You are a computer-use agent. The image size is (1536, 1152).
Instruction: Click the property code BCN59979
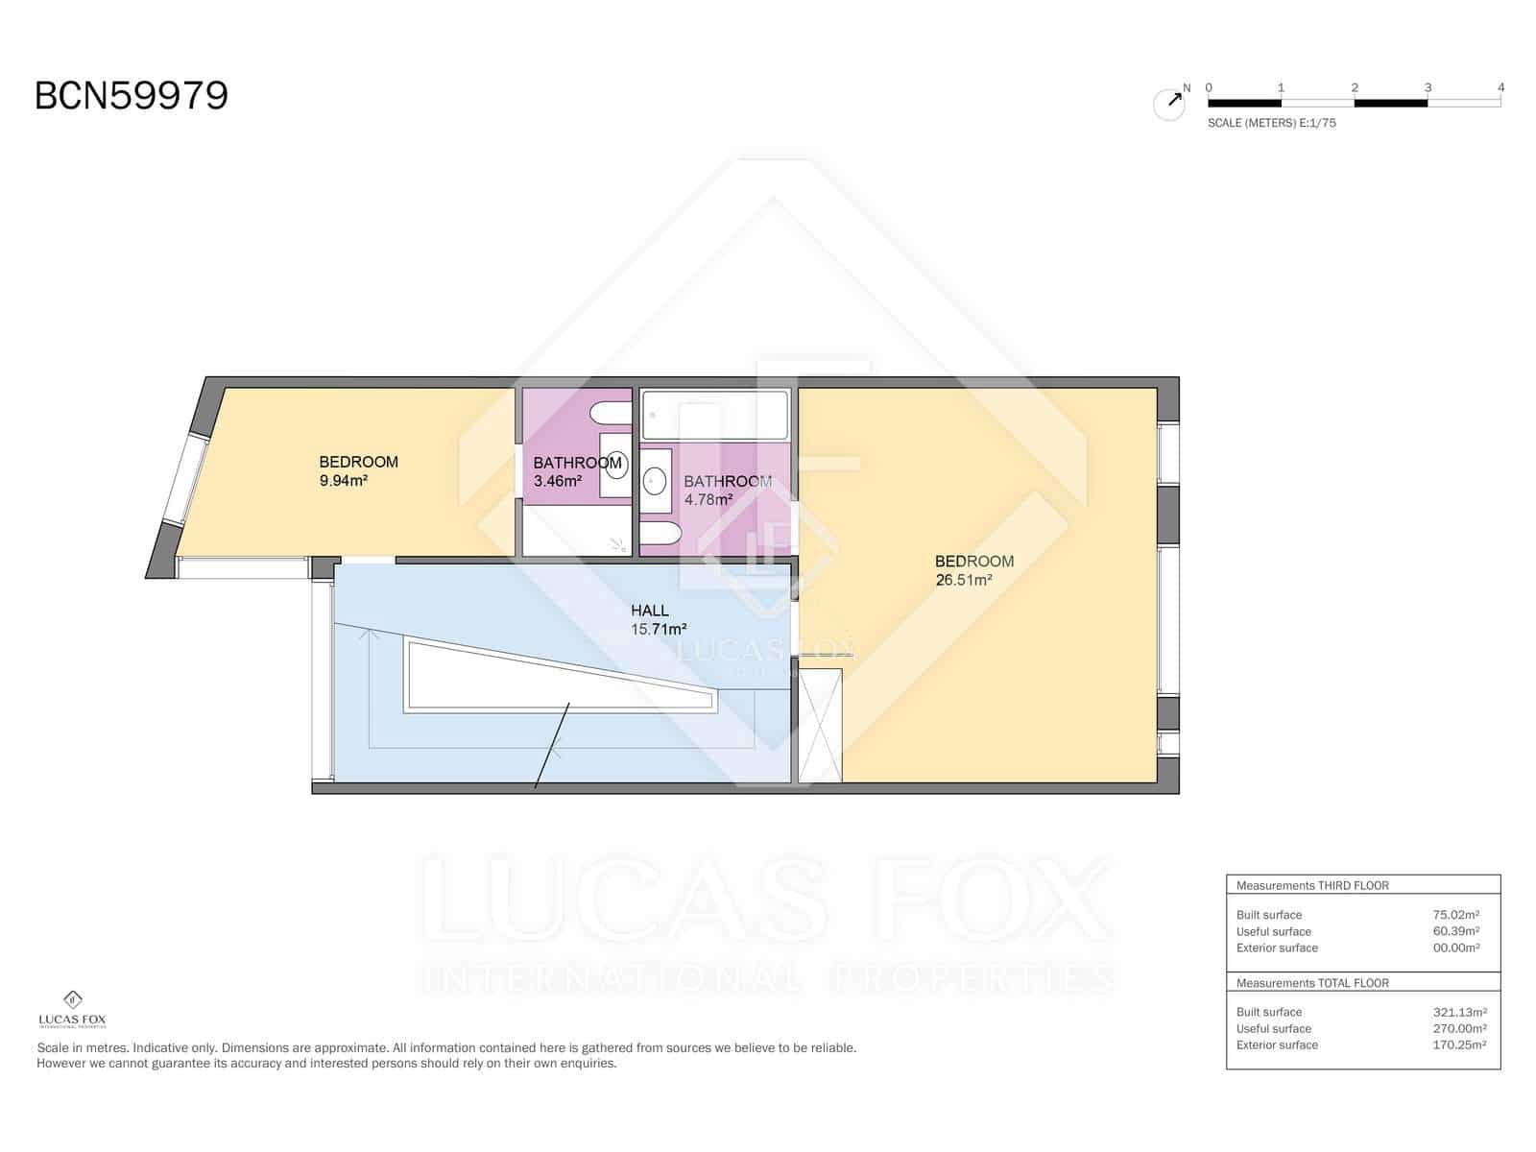[x=132, y=96]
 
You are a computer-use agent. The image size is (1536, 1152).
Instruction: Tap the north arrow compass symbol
[x=1170, y=103]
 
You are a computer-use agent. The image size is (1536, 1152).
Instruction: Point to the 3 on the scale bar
[x=1428, y=87]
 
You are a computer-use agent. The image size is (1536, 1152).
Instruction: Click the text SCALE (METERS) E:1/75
[x=1271, y=123]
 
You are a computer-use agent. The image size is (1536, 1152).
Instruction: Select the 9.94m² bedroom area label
[x=344, y=481]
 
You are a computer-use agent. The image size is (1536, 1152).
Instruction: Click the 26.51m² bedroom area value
[x=963, y=580]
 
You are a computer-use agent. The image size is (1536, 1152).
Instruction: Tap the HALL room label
[x=650, y=610]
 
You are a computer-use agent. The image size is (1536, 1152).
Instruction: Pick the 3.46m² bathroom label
[x=558, y=481]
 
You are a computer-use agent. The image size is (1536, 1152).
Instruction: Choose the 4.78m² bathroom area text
[x=708, y=499]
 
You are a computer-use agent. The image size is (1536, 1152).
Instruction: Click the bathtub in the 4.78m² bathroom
[x=714, y=415]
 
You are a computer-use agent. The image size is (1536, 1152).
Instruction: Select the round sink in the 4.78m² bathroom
[x=655, y=478]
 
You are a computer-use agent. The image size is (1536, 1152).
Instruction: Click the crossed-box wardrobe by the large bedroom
[x=821, y=726]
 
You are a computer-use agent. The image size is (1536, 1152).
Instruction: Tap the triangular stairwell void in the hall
[x=538, y=677]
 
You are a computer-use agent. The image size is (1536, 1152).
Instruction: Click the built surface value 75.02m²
[x=1455, y=915]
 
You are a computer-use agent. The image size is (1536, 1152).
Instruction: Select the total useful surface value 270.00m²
[x=1458, y=1028]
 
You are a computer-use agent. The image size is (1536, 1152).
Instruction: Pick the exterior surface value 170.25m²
[x=1459, y=1044]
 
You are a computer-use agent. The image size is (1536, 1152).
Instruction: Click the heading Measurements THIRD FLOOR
[x=1311, y=885]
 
